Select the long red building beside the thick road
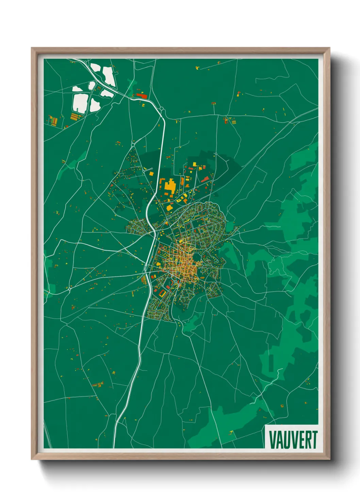pyautogui.click(x=142, y=96)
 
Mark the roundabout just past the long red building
pyautogui.click(x=162, y=109)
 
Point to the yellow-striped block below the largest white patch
pyautogui.click(x=75, y=117)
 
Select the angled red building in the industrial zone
pyautogui.click(x=204, y=179)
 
